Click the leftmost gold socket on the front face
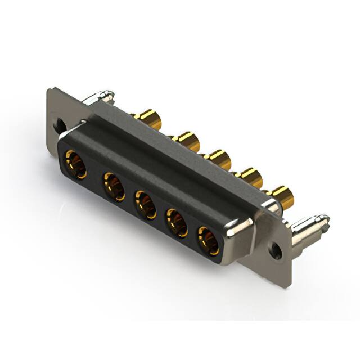pos(75,164)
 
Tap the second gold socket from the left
pos(114,186)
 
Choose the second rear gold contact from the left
pos(186,140)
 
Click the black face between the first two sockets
pos(94,176)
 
